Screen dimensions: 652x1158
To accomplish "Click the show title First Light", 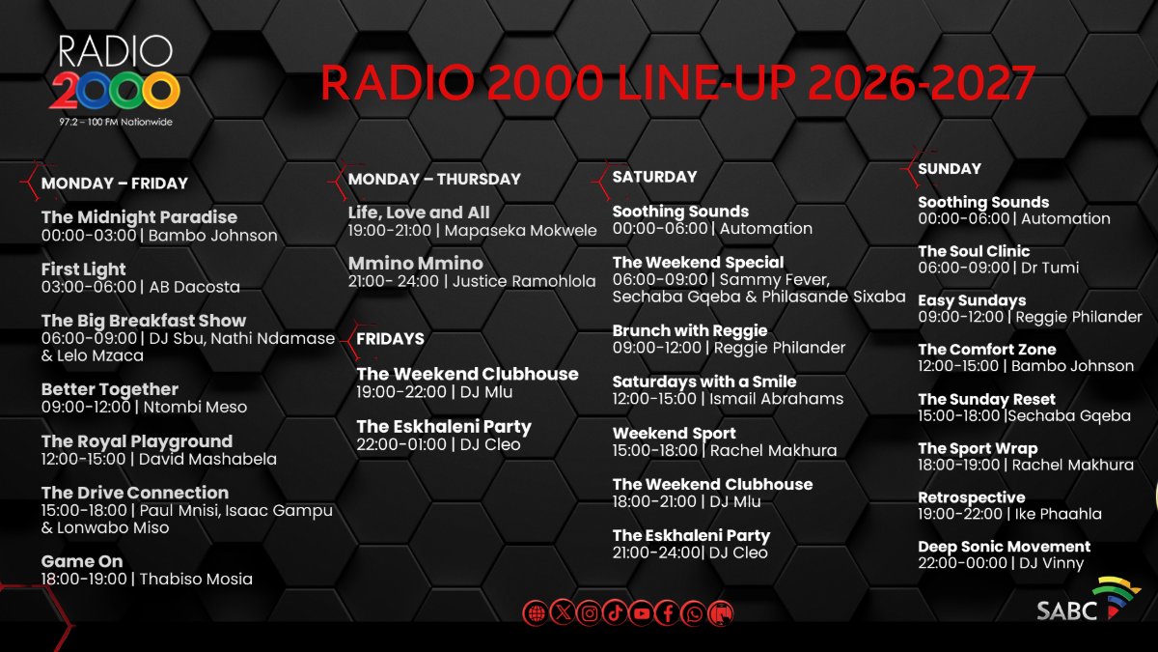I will tap(84, 269).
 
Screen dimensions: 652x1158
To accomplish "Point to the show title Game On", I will tap(82, 561).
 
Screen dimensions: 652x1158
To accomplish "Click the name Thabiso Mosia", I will tap(197, 579).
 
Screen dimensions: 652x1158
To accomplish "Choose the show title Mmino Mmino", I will tap(416, 264).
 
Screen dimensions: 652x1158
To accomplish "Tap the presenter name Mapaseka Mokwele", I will tap(520, 230).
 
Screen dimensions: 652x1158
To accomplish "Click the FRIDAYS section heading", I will tap(390, 339).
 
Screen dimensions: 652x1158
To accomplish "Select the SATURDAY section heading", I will tap(654, 177).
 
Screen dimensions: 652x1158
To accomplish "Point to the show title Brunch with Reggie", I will tap(690, 330).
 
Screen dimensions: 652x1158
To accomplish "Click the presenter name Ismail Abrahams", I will tap(777, 398).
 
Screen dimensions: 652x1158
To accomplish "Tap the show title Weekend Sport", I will tap(674, 434).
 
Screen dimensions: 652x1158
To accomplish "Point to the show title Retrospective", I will tap(971, 497).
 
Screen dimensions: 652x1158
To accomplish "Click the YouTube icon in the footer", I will tap(642, 613).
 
